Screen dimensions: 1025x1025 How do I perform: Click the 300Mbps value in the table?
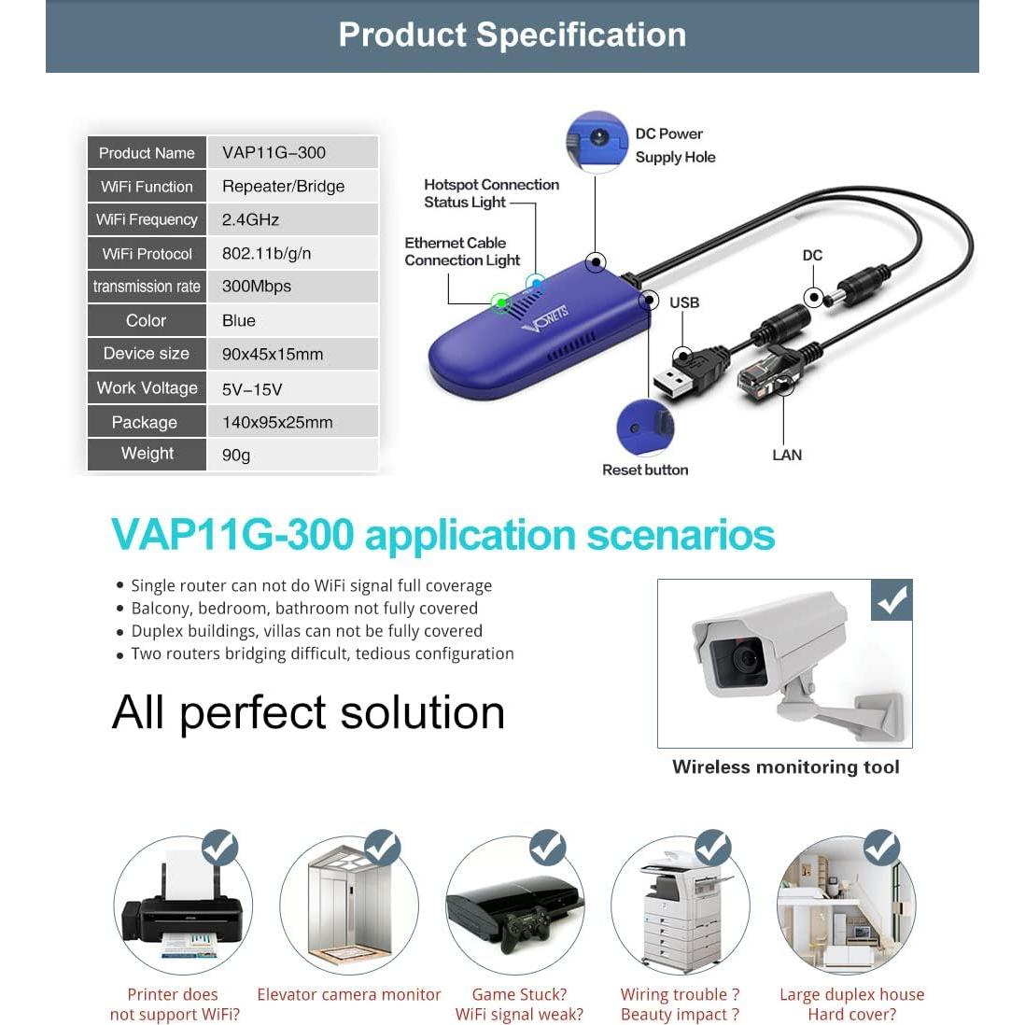click(257, 287)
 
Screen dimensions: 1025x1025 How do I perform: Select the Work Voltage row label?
click(147, 387)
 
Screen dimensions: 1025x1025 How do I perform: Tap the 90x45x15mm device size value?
click(273, 354)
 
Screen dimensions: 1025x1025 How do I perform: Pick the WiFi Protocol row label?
click(147, 253)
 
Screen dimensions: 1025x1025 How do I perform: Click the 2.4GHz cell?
click(250, 219)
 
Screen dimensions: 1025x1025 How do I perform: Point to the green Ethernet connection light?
click(500, 302)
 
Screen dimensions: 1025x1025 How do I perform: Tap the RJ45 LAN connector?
click(761, 378)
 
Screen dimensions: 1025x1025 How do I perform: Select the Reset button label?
click(644, 470)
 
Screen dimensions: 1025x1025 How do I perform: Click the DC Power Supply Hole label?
click(674, 146)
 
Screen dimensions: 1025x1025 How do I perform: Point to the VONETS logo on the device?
click(546, 317)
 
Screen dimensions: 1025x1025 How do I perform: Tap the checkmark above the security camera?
click(892, 600)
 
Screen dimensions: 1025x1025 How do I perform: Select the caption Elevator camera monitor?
click(349, 994)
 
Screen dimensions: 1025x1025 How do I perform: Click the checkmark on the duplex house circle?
click(880, 848)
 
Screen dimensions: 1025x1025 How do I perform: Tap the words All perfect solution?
click(308, 712)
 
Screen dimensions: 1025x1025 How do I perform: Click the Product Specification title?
click(512, 35)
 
